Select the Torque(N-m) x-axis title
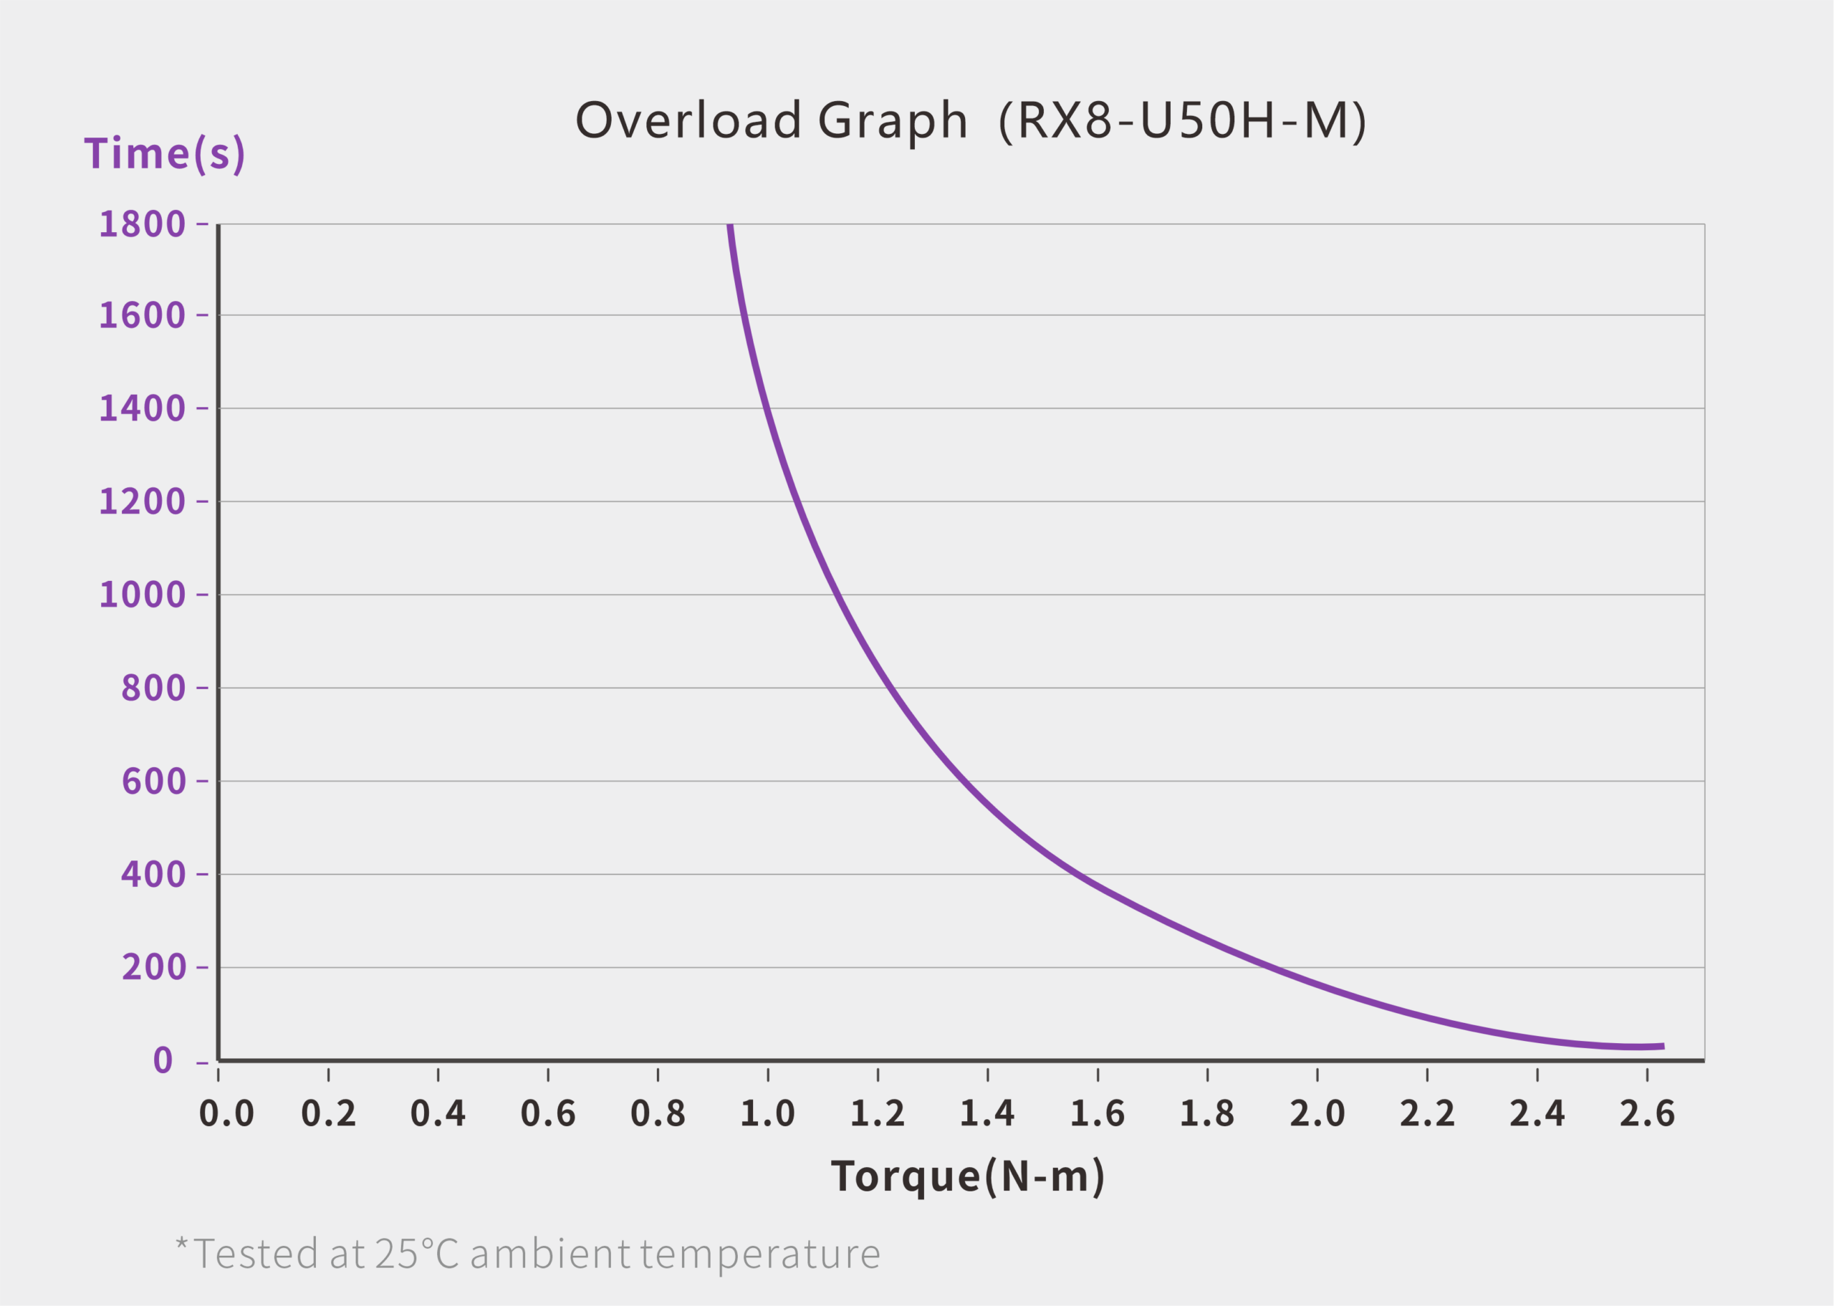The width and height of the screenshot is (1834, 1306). click(x=967, y=1177)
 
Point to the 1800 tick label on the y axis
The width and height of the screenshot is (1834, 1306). click(x=143, y=224)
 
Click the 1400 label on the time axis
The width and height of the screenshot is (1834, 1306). click(x=143, y=408)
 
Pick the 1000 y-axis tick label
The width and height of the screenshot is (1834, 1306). click(x=143, y=595)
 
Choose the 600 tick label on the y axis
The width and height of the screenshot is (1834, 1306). click(x=153, y=781)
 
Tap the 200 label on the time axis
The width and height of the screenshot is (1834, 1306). click(x=153, y=966)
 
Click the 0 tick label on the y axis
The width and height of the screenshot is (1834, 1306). click(x=163, y=1061)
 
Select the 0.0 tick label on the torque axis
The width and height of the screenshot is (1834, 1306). click(x=226, y=1114)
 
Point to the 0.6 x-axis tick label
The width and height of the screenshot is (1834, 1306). click(x=547, y=1114)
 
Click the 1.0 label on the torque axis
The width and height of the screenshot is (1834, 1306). click(x=767, y=1114)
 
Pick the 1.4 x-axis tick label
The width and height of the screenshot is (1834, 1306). click(x=987, y=1114)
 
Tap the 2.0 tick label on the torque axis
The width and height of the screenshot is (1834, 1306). click(x=1317, y=1114)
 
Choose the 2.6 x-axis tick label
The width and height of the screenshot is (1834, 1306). click(x=1647, y=1114)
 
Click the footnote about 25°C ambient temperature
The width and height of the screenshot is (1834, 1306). click(x=528, y=1254)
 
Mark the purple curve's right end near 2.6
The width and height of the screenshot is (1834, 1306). click(x=1662, y=1046)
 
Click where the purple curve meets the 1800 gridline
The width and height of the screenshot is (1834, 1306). click(x=730, y=226)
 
